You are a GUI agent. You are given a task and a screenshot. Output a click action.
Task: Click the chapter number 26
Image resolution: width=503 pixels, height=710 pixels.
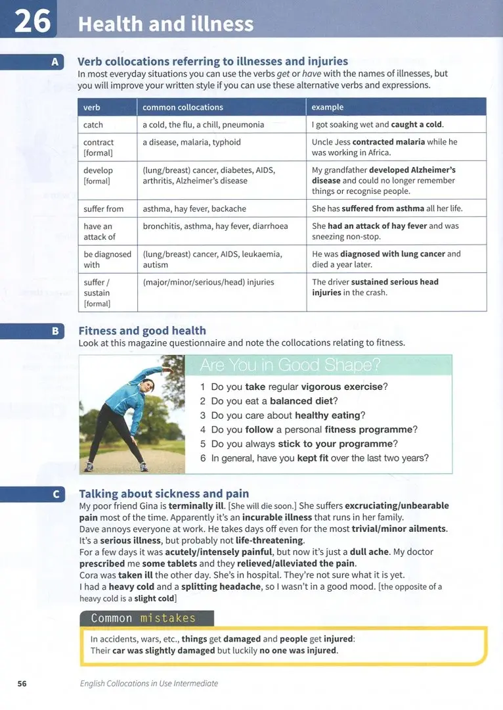[32, 20]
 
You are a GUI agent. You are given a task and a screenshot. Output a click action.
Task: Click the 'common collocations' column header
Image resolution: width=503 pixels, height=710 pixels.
[183, 107]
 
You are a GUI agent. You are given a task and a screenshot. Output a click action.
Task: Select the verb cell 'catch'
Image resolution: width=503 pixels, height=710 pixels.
[93, 124]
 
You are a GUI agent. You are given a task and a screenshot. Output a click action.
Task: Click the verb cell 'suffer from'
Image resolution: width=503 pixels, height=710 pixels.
[104, 208]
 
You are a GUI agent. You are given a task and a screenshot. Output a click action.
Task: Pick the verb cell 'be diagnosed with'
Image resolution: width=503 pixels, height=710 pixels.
[107, 259]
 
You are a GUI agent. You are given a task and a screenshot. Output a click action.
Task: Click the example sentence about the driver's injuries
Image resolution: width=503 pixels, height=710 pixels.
[375, 287]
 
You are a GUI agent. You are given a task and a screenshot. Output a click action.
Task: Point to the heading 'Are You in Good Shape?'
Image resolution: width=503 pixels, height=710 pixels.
[290, 366]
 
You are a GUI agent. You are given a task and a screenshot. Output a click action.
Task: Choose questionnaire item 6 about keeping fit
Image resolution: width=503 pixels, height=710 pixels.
[314, 458]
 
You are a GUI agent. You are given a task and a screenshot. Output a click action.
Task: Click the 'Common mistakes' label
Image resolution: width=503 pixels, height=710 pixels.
[143, 618]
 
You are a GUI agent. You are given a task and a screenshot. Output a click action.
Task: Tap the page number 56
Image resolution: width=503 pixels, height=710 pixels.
[22, 683]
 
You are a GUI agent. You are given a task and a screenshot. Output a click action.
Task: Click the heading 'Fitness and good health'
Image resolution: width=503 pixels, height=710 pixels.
[142, 331]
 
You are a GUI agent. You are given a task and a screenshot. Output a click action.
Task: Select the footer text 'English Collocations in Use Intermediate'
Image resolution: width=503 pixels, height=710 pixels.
[149, 683]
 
